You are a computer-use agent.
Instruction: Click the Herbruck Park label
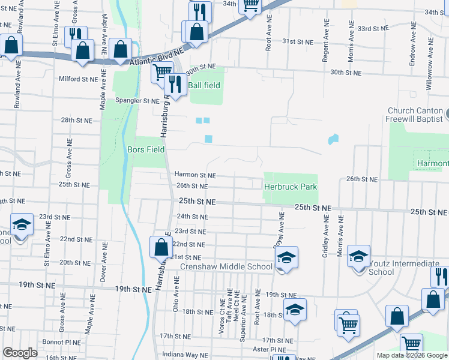click(x=291, y=187)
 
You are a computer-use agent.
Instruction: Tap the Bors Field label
click(x=146, y=149)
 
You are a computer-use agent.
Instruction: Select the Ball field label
click(x=204, y=85)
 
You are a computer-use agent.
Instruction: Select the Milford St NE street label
click(x=78, y=79)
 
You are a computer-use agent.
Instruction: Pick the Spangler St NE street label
click(x=137, y=101)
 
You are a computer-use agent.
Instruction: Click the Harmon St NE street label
click(x=194, y=175)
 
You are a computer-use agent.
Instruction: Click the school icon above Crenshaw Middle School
click(x=286, y=257)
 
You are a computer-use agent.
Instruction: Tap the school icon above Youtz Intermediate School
click(x=358, y=256)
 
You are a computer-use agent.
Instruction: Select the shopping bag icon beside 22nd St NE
click(x=161, y=247)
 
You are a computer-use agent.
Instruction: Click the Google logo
click(x=20, y=353)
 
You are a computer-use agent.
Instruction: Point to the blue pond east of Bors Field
click(x=208, y=139)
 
